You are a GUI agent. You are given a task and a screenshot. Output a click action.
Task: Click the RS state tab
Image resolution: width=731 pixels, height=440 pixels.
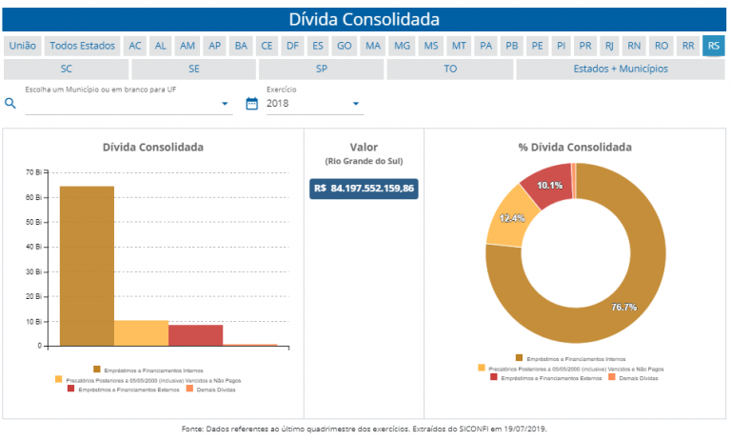coord(714,46)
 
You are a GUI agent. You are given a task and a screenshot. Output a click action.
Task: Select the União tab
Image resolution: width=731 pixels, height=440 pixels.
coord(22,46)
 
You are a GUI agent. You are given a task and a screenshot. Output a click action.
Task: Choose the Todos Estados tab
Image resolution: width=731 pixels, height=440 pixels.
coord(82,46)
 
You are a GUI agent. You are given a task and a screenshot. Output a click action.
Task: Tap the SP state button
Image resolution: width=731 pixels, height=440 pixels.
coord(322,69)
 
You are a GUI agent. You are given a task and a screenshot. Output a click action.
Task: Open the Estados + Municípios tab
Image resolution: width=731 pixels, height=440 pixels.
coord(621,69)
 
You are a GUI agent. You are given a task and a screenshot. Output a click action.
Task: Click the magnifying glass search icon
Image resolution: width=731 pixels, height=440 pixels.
coord(11,103)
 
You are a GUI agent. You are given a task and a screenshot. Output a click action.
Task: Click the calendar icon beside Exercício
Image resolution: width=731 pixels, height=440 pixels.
coord(252,103)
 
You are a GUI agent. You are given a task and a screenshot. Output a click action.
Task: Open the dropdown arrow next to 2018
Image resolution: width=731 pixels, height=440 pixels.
coord(356,103)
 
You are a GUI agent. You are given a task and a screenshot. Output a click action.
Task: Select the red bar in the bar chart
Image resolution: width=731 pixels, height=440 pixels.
coord(195,334)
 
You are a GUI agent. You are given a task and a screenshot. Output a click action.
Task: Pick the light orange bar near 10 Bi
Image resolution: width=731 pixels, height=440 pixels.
coord(141,332)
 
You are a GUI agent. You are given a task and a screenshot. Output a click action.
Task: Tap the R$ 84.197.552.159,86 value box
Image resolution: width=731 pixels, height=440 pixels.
coord(364,188)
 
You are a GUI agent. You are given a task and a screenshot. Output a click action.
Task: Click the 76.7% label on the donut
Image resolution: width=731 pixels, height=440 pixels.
coord(624,307)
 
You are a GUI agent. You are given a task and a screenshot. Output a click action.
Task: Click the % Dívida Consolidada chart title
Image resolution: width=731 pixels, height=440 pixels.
coord(575,148)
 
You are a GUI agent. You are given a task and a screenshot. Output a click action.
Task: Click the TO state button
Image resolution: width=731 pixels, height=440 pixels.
coord(450,69)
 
